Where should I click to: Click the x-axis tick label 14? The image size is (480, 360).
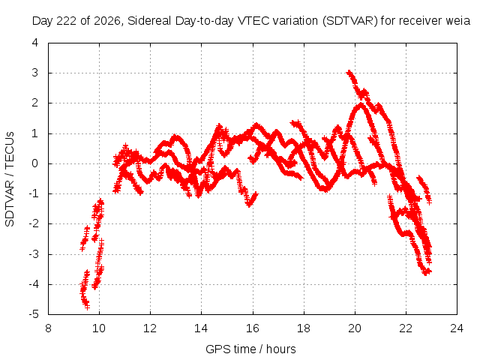click(201, 328)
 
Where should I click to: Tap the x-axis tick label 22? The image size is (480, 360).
click(406, 328)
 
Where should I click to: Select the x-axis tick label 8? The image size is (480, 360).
click(48, 328)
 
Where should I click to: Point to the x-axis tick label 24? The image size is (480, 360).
click(457, 328)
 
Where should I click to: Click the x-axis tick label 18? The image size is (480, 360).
click(303, 328)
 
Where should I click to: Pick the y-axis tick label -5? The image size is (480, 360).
click(34, 314)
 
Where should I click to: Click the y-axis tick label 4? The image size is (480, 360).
click(35, 43)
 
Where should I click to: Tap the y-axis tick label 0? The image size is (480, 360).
click(35, 163)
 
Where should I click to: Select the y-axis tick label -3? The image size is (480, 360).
click(34, 254)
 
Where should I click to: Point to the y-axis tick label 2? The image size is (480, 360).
click(35, 103)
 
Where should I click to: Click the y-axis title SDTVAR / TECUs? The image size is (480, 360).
click(10, 179)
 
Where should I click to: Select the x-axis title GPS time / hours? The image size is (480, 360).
click(250, 349)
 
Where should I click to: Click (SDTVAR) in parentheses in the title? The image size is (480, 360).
click(350, 21)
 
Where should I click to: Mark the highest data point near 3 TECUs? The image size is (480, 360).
click(349, 73)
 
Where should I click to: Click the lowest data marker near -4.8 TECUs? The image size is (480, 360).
click(87, 307)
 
